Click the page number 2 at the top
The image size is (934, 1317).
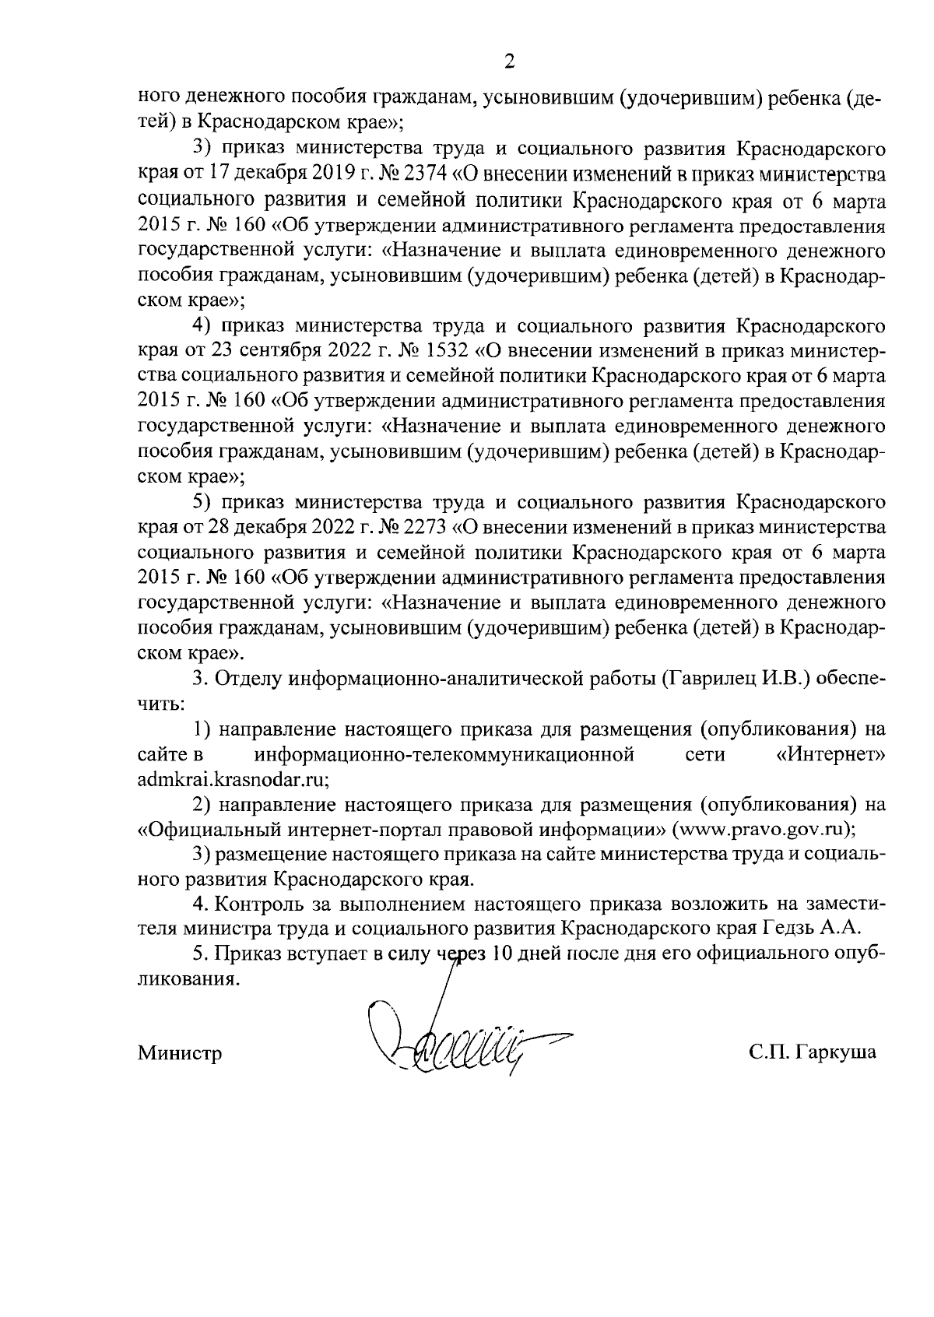(x=511, y=62)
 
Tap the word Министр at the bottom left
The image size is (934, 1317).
(x=180, y=1053)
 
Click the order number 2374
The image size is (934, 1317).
(x=422, y=176)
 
